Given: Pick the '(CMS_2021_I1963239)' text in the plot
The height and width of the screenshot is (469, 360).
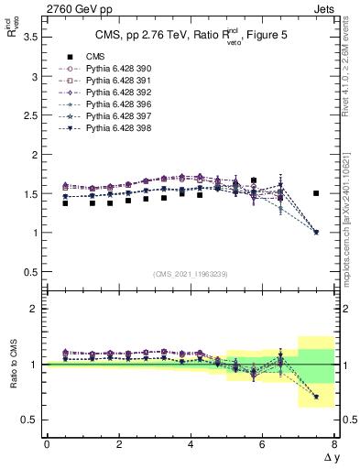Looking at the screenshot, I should pyautogui.click(x=190, y=274).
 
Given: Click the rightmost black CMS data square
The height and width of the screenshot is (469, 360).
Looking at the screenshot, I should pyautogui.click(x=316, y=193).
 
